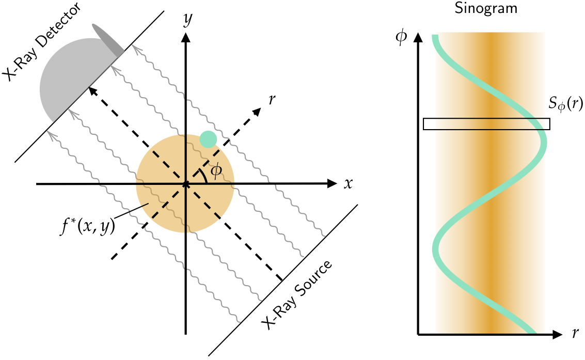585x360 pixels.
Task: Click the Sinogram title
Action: [486, 8]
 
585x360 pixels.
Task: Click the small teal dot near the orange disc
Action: [208, 138]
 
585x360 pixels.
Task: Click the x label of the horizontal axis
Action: [348, 183]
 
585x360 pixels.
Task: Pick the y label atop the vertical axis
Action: [188, 20]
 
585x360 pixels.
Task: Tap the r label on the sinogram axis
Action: [575, 334]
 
